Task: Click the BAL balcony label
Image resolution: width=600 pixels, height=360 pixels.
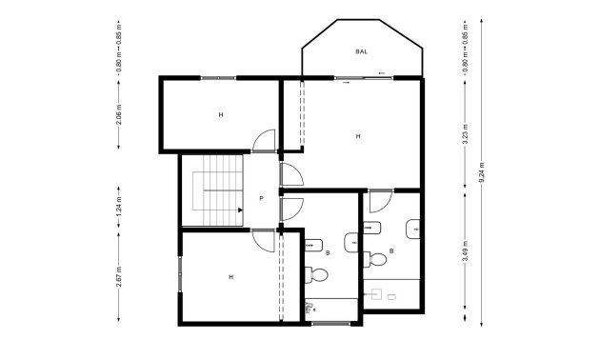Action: pos(362,51)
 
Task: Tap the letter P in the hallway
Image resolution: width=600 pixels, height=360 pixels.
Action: pos(261,199)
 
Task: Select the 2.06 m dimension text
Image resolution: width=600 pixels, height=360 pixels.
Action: pos(119,116)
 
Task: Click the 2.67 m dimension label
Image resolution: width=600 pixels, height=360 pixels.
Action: pos(119,276)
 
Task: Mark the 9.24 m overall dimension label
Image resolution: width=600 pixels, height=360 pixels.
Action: pos(482,173)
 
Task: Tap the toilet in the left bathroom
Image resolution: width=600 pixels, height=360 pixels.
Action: pos(320,275)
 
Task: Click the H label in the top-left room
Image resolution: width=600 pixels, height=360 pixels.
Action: pos(220,115)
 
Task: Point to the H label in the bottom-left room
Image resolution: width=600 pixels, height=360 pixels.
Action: pos(230,277)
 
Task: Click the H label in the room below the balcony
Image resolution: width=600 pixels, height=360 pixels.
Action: pos(358,136)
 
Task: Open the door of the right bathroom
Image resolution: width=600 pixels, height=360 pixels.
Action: pos(380,202)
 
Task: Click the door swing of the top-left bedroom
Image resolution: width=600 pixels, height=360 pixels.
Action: pos(264,141)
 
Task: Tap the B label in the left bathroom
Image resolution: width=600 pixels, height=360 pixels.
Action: pos(328,253)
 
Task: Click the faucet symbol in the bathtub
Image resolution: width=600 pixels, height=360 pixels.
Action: pos(310,309)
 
